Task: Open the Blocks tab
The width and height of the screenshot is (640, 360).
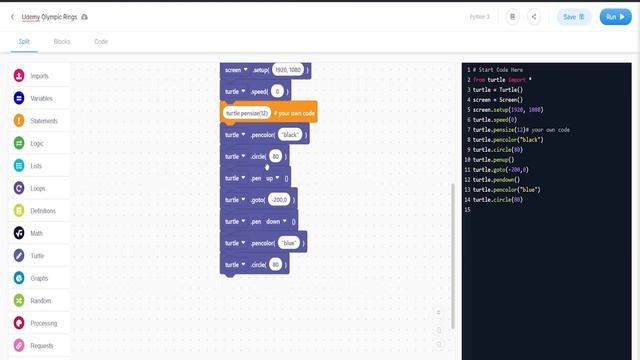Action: pos(62,42)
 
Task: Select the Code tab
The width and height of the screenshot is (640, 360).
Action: pos(101,42)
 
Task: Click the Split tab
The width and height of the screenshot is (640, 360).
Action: pos(24,42)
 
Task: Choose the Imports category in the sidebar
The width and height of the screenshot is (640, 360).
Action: pos(39,76)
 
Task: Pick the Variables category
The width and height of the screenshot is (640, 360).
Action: pos(41,99)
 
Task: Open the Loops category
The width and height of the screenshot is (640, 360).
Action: pos(38,188)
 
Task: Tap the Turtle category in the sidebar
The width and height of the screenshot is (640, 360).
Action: pos(38,255)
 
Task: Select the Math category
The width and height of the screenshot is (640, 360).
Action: pos(36,233)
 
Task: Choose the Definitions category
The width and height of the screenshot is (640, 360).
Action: pos(43,211)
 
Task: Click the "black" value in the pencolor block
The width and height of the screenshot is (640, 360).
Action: pos(291,134)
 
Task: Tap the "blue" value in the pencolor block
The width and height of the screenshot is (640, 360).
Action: pos(289,243)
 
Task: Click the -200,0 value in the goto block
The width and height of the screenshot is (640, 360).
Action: pos(279,200)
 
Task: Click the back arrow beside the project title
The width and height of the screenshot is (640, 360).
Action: pos(12,17)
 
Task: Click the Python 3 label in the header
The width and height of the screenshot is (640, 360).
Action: pos(479,17)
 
